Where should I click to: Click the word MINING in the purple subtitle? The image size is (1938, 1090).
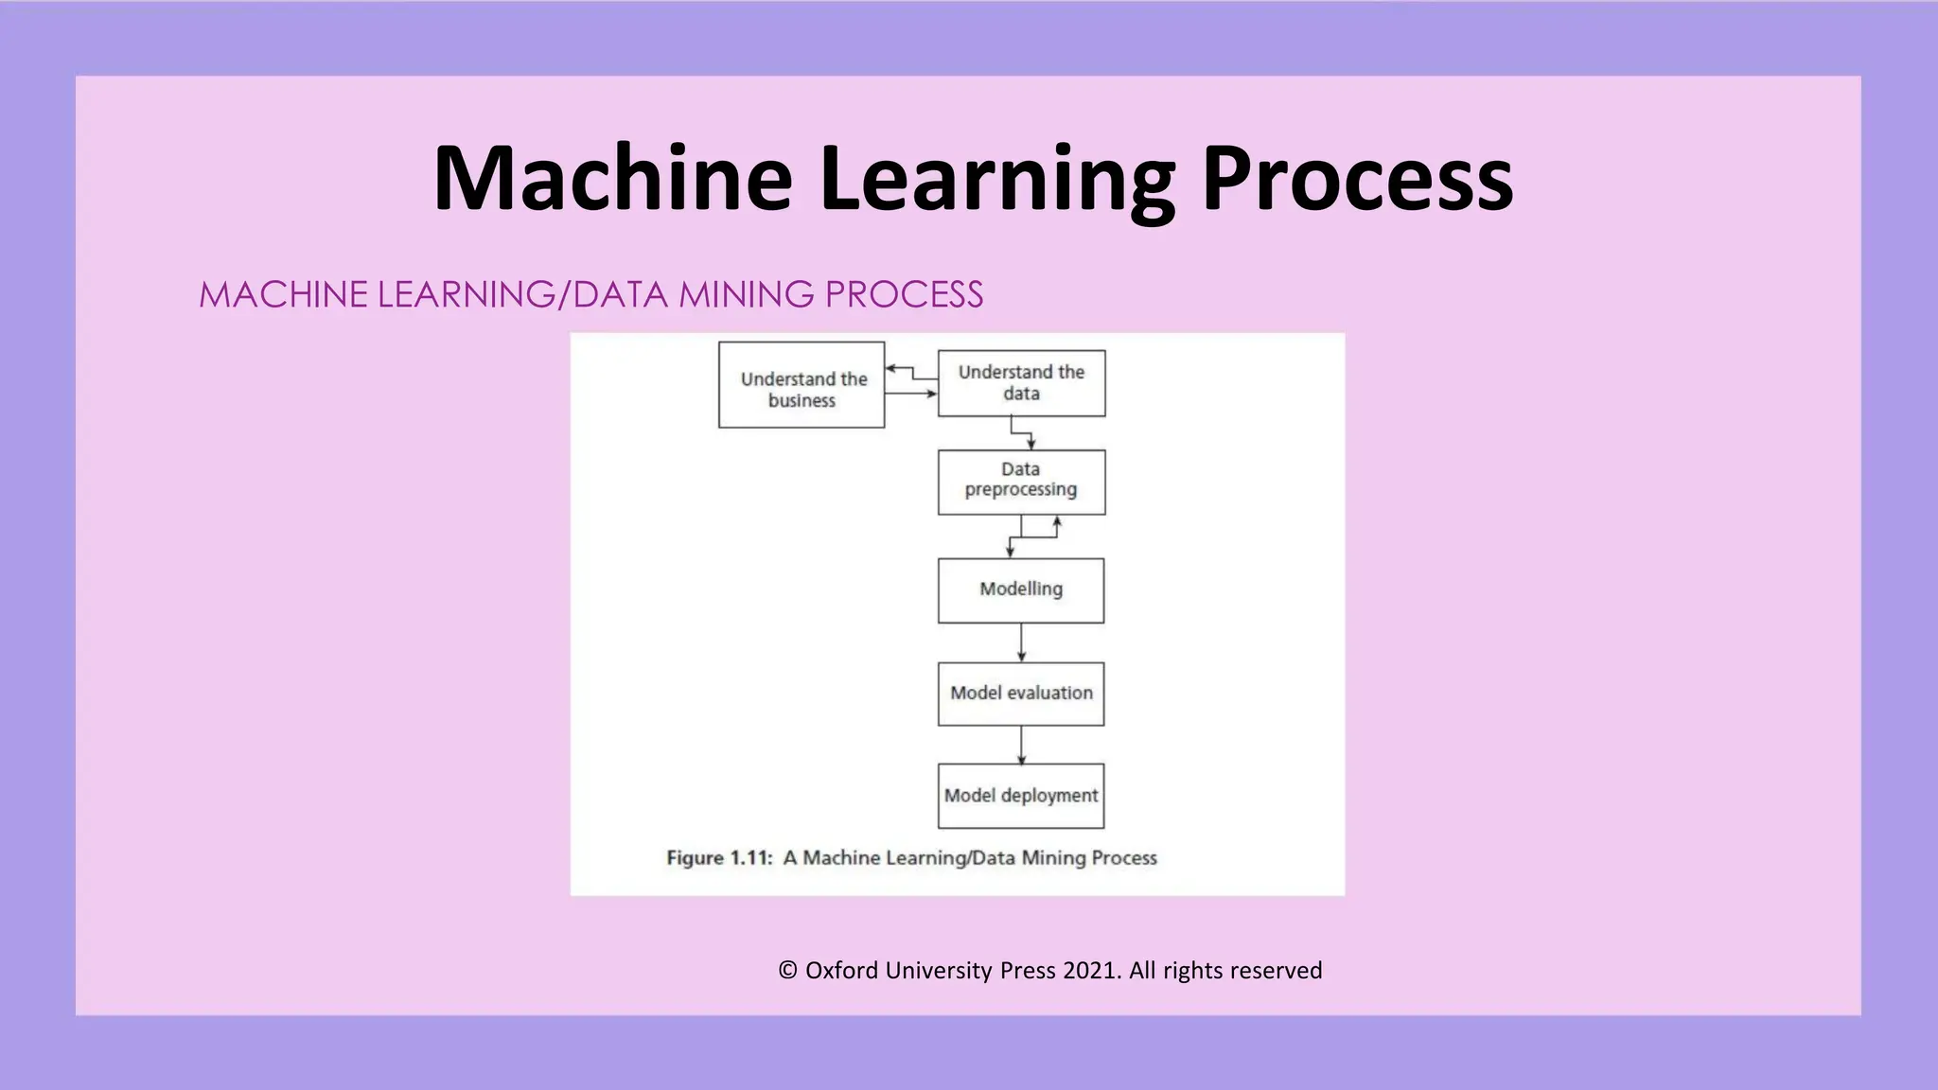[x=746, y=294]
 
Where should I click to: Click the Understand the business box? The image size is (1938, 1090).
[x=802, y=385]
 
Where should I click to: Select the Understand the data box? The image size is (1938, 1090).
[x=1021, y=383]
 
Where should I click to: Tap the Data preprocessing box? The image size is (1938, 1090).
[x=1021, y=482]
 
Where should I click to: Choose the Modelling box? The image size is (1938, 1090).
[x=1021, y=590]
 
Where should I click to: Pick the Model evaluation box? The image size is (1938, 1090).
[x=1021, y=694]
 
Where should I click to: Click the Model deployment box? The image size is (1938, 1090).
[x=1021, y=796]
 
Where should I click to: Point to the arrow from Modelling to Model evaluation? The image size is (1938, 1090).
[x=1021, y=642]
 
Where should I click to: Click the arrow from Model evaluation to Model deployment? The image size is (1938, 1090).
[x=1021, y=745]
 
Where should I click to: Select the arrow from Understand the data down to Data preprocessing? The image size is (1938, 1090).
[x=1022, y=433]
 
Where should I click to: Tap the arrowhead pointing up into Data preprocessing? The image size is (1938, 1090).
[x=1057, y=521]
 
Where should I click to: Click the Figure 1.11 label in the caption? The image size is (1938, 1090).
[x=719, y=858]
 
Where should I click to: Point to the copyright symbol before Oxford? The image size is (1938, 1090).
[x=787, y=971]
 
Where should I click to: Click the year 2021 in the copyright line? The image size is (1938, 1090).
[x=1092, y=971]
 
